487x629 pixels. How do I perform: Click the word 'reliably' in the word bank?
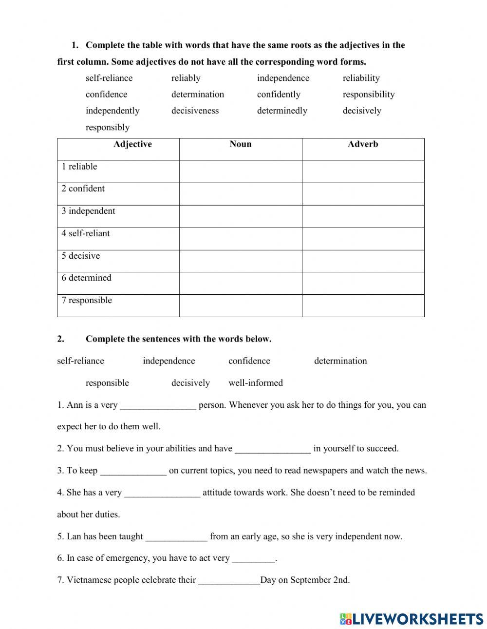point(186,78)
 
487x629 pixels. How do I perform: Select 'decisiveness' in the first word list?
point(195,111)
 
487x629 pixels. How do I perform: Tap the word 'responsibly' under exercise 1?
point(108,127)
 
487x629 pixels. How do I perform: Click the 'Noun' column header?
point(241,144)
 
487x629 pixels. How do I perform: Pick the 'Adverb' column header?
point(363,144)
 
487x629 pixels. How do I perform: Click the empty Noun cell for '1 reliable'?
point(241,172)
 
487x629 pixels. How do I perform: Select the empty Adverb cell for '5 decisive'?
point(363,261)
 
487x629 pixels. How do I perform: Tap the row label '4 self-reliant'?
point(86,233)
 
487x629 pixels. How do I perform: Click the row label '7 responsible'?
point(87,300)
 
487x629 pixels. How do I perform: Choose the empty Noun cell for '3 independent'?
point(241,216)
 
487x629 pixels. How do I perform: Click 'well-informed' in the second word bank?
point(256,383)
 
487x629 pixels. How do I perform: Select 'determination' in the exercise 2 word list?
point(340,361)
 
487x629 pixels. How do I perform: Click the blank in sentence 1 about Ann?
point(158,405)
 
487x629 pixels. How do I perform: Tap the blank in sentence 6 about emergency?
point(253,558)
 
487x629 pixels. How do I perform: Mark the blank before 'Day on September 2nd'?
point(229,580)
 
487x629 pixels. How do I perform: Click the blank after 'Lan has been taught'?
point(176,537)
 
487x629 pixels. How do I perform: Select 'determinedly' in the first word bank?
point(282,111)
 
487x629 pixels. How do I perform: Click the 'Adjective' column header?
point(132,144)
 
